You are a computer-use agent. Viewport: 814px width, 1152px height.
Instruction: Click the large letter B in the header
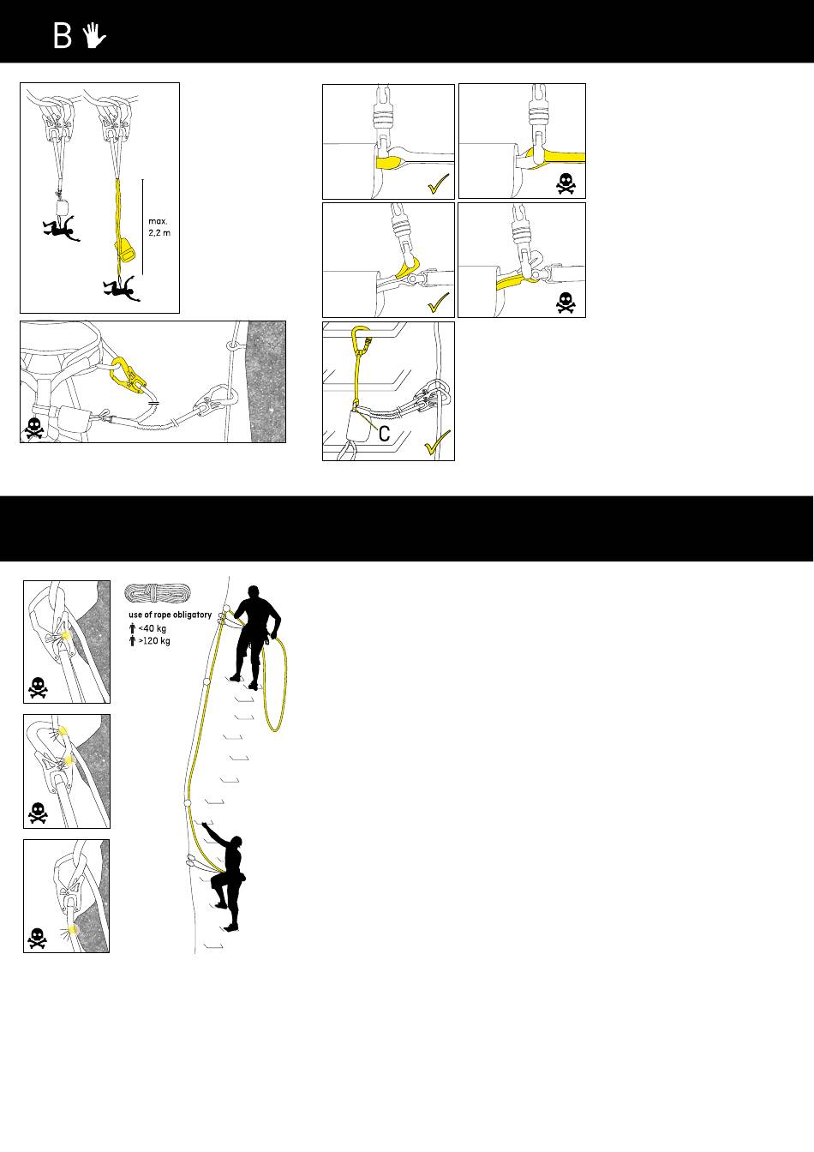[63, 36]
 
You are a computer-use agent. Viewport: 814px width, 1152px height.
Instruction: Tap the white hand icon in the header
[94, 35]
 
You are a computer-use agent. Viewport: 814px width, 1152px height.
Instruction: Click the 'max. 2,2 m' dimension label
[159, 227]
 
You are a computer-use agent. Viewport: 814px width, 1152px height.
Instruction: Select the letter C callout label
[384, 434]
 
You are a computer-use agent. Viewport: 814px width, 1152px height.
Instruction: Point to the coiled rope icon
[158, 593]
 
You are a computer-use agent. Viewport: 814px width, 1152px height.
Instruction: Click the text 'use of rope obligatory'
[171, 615]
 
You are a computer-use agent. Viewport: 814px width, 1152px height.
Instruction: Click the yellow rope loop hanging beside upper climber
[275, 684]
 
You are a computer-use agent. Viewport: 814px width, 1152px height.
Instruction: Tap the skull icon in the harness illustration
[34, 429]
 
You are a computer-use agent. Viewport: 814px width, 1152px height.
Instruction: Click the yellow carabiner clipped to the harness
[127, 375]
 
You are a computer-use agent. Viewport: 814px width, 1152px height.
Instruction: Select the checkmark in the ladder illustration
[438, 442]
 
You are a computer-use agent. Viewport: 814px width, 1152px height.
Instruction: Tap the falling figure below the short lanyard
[61, 228]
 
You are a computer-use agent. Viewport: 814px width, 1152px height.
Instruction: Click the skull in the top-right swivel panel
[566, 183]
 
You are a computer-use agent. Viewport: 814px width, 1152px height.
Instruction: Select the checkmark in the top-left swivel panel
[439, 183]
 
